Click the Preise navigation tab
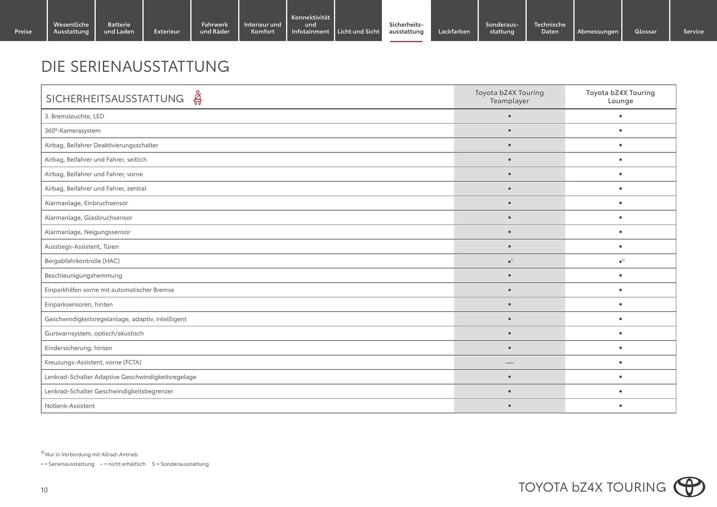pos(23,31)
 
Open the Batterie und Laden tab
pos(119,28)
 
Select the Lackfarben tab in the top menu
pos(454,31)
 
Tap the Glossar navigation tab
pos(645,31)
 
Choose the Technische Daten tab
pos(550,28)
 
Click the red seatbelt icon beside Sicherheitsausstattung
pos(198,98)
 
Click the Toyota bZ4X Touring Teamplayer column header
pos(509,97)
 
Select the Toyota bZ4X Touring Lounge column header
pos(620,97)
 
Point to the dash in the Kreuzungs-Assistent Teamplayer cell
pos(509,363)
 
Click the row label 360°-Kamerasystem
pos(72,131)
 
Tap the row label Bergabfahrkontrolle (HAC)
pos(82,261)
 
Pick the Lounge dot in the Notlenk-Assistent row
pos(620,406)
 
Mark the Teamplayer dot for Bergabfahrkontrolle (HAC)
pos(509,261)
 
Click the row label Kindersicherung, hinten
pos(78,348)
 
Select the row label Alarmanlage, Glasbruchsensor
pos(88,218)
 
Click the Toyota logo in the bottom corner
pos(689,487)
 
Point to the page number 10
pos(44,490)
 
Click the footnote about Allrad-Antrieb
pos(91,454)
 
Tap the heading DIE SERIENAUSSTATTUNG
pos(135,66)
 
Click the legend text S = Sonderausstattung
pos(180,464)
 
